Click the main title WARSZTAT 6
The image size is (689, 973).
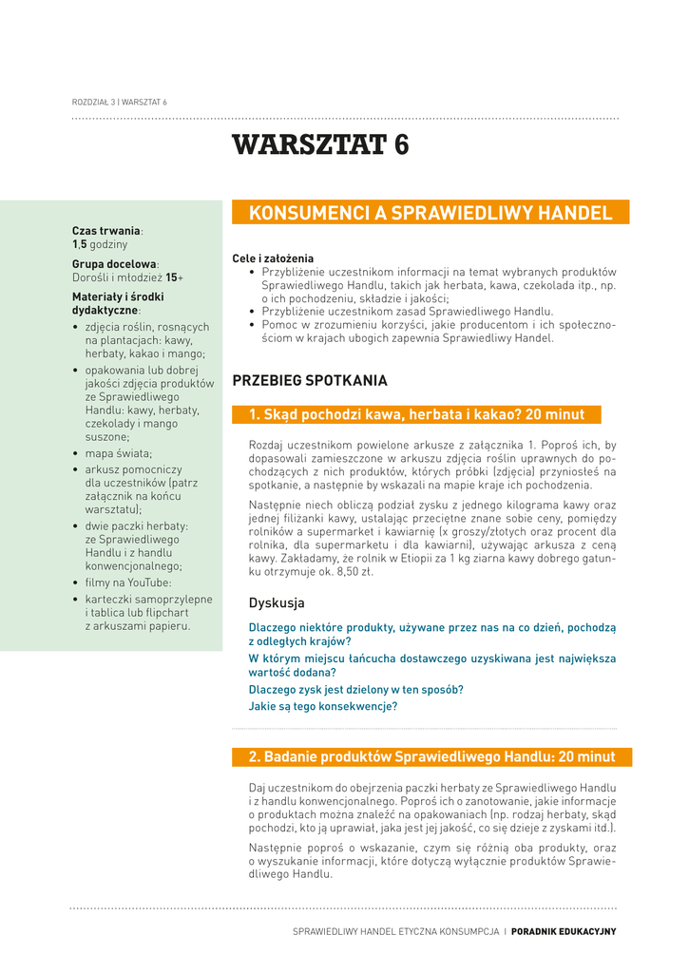pyautogui.click(x=320, y=145)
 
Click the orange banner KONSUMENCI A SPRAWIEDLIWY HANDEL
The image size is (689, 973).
pyautogui.click(x=431, y=213)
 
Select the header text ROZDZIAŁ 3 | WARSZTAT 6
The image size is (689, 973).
pyautogui.click(x=120, y=102)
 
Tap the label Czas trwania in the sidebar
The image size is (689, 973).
pyautogui.click(x=106, y=231)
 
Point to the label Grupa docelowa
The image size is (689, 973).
pyautogui.click(x=114, y=264)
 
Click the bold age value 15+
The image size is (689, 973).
pyautogui.click(x=174, y=277)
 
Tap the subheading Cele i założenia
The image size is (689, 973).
pyautogui.click(x=273, y=258)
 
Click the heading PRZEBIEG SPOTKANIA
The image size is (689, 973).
pyautogui.click(x=310, y=381)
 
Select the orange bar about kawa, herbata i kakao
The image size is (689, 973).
pyautogui.click(x=416, y=415)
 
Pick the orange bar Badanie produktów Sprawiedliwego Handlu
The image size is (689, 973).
pyautogui.click(x=431, y=757)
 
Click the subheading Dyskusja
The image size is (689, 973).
pyautogui.click(x=277, y=603)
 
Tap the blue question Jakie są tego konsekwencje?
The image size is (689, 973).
pyautogui.click(x=322, y=707)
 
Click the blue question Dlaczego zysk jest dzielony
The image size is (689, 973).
pyautogui.click(x=355, y=690)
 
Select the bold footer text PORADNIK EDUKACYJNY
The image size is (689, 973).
pyautogui.click(x=564, y=932)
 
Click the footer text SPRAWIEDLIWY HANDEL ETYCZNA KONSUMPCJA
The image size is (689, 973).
pyautogui.click(x=395, y=932)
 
